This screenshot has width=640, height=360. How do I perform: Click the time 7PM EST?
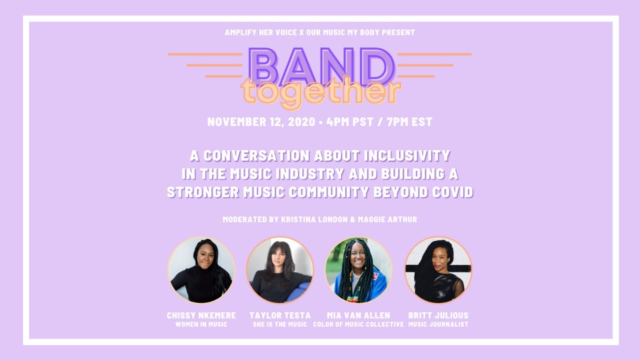409,122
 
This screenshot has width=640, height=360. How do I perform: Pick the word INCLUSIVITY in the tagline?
407,156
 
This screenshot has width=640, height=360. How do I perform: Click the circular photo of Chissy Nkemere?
201,270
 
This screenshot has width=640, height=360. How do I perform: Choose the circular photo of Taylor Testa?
280,270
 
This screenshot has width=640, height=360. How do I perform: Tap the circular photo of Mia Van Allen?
358,270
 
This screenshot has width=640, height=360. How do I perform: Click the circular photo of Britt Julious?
438,270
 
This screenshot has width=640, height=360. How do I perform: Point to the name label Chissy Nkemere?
201,315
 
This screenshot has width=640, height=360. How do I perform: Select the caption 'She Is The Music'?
280,324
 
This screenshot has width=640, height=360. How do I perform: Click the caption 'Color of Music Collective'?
358,324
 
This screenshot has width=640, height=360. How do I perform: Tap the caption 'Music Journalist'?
438,324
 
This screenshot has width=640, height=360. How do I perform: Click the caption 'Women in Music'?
201,324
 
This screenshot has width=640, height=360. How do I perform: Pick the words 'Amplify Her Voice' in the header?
256,32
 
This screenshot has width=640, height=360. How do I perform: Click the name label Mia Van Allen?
358,315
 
